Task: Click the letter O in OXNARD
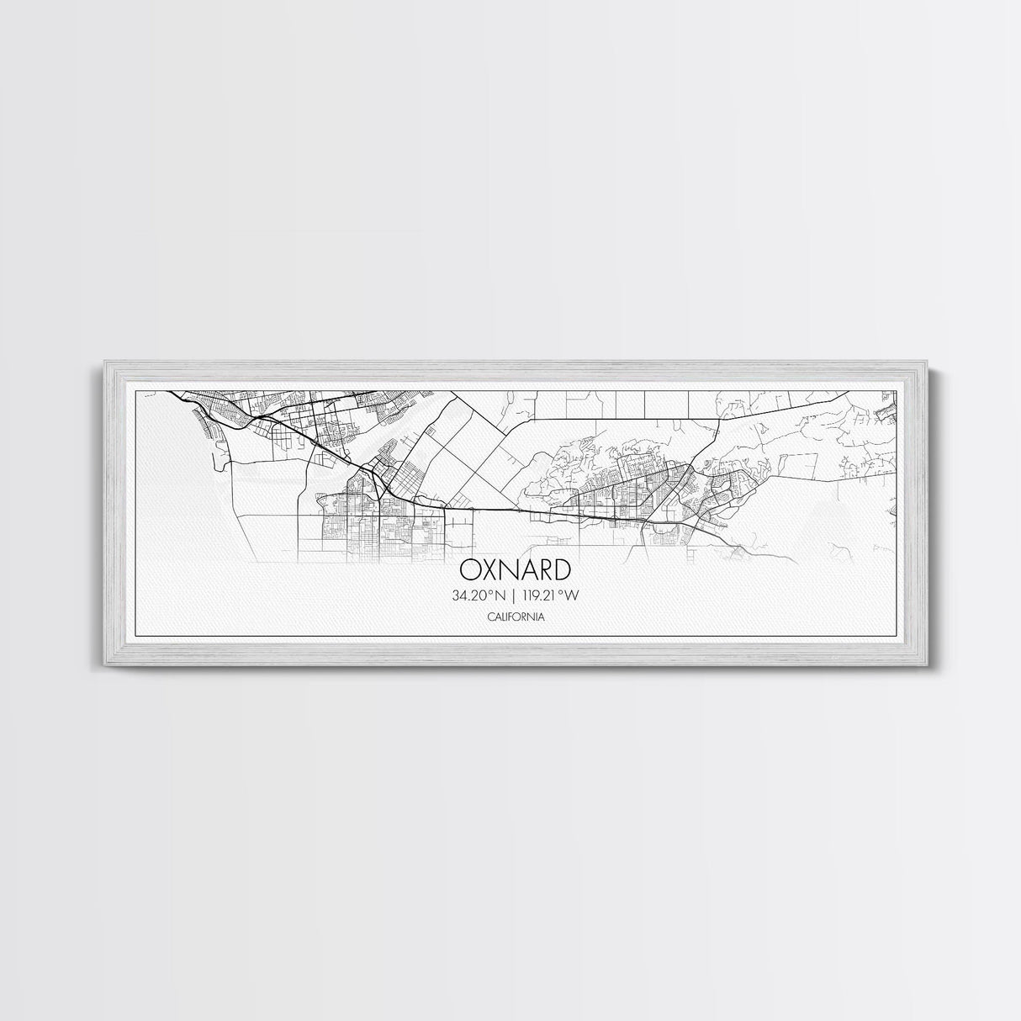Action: pyautogui.click(x=469, y=570)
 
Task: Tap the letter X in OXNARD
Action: pyautogui.click(x=489, y=570)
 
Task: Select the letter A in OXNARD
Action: pyautogui.click(x=530, y=570)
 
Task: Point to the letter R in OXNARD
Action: pyautogui.click(x=548, y=570)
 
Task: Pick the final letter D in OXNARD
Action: pyautogui.click(x=565, y=570)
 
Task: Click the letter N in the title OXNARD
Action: pyautogui.click(x=510, y=570)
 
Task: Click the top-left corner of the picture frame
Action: pyautogui.click(x=104, y=361)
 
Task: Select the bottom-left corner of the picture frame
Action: pyautogui.click(x=104, y=667)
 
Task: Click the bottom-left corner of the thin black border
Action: pyautogui.click(x=136, y=633)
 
